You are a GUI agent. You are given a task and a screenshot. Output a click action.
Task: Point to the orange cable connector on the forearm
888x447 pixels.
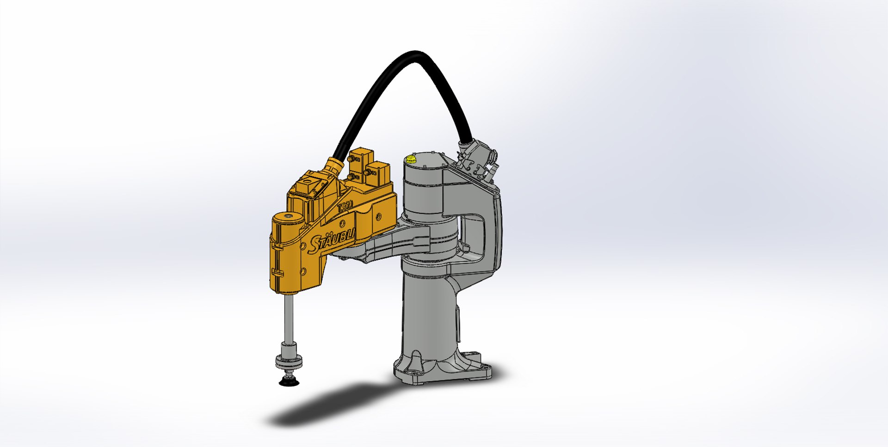coord(334,166)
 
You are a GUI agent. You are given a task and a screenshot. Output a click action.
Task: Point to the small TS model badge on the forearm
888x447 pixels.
coord(345,207)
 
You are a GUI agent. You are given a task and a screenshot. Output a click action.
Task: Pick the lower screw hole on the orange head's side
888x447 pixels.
coord(304,272)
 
